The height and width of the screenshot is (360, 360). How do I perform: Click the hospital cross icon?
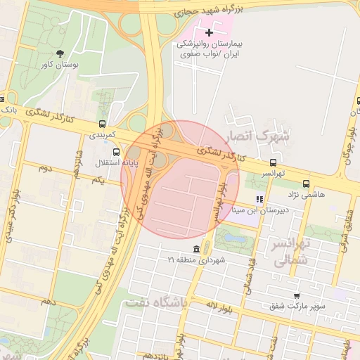pos(209,32)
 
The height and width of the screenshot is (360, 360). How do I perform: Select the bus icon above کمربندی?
pos(103,124)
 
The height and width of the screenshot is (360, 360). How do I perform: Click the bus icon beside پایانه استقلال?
pos(116,151)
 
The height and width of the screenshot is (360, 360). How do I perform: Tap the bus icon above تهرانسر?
pos(273,162)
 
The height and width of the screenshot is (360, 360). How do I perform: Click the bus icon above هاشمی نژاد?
pos(304,184)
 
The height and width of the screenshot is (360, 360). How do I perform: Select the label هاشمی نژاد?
pos(304,194)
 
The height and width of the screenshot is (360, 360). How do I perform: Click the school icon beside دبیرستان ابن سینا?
pos(259,199)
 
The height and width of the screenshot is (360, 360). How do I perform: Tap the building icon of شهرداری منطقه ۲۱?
pos(197,250)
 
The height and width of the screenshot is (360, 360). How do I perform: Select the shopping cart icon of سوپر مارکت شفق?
pos(297,295)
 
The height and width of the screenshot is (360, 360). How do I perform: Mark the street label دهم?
pos(47,301)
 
